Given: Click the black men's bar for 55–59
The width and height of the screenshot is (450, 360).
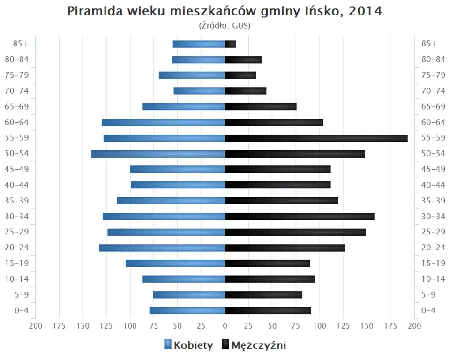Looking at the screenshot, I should click(x=316, y=138).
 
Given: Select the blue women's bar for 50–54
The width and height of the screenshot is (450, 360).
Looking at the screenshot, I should click(x=158, y=154).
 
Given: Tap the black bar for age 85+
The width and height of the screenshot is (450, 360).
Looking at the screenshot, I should click(x=230, y=44).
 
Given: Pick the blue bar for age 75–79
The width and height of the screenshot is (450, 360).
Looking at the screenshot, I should click(x=192, y=75).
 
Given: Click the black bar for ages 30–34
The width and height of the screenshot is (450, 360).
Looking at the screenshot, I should click(x=300, y=216).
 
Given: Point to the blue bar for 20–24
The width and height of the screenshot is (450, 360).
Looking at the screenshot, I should click(x=162, y=247).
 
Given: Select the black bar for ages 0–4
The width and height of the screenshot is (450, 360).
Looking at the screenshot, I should click(x=268, y=310).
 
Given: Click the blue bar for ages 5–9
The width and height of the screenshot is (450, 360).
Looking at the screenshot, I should click(x=189, y=294).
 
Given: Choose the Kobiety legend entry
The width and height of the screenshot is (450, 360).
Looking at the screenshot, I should click(x=188, y=345).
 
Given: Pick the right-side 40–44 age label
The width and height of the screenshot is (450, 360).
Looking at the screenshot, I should click(x=433, y=185).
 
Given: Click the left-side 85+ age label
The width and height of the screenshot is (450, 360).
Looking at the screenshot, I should click(x=21, y=44).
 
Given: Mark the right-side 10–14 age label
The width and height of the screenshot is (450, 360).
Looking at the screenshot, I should click(x=433, y=279).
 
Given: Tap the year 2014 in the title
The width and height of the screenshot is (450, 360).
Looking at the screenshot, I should click(x=365, y=11).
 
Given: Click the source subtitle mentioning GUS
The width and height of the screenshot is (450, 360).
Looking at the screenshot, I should click(x=225, y=25).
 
